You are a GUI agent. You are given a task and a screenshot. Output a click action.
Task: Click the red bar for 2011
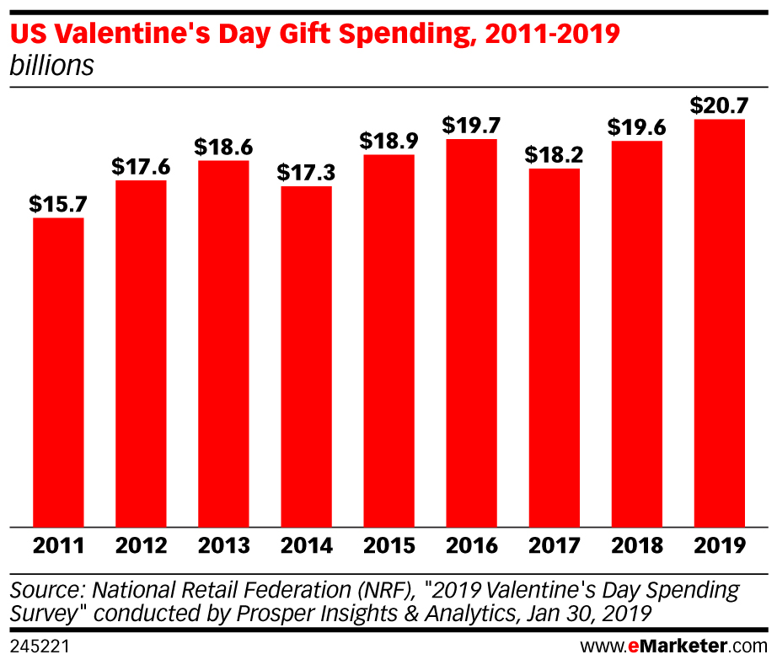tap(58, 372)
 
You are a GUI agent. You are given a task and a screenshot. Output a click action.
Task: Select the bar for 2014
tap(306, 356)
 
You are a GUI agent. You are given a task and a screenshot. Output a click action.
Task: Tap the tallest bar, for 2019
tap(719, 323)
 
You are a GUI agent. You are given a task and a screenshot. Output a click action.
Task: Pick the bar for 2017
tap(554, 347)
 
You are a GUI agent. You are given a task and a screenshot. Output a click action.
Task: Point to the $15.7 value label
tap(58, 204)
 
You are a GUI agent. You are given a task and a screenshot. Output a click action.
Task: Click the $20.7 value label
tap(719, 105)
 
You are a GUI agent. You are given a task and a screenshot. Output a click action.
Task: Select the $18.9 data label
tap(388, 141)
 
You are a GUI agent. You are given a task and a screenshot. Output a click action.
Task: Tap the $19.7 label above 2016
tap(471, 126)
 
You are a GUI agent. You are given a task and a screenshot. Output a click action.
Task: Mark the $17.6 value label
tap(141, 166)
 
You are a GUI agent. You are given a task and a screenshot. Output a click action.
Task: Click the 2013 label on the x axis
tap(223, 545)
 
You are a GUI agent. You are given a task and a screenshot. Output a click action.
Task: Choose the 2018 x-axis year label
tap(636, 545)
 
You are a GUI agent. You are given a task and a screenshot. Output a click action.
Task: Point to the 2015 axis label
tap(388, 545)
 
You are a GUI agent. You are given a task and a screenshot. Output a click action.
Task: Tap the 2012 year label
tap(141, 545)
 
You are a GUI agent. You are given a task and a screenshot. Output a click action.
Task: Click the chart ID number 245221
tap(39, 647)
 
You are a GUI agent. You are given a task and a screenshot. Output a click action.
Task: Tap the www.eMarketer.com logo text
tap(673, 647)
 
